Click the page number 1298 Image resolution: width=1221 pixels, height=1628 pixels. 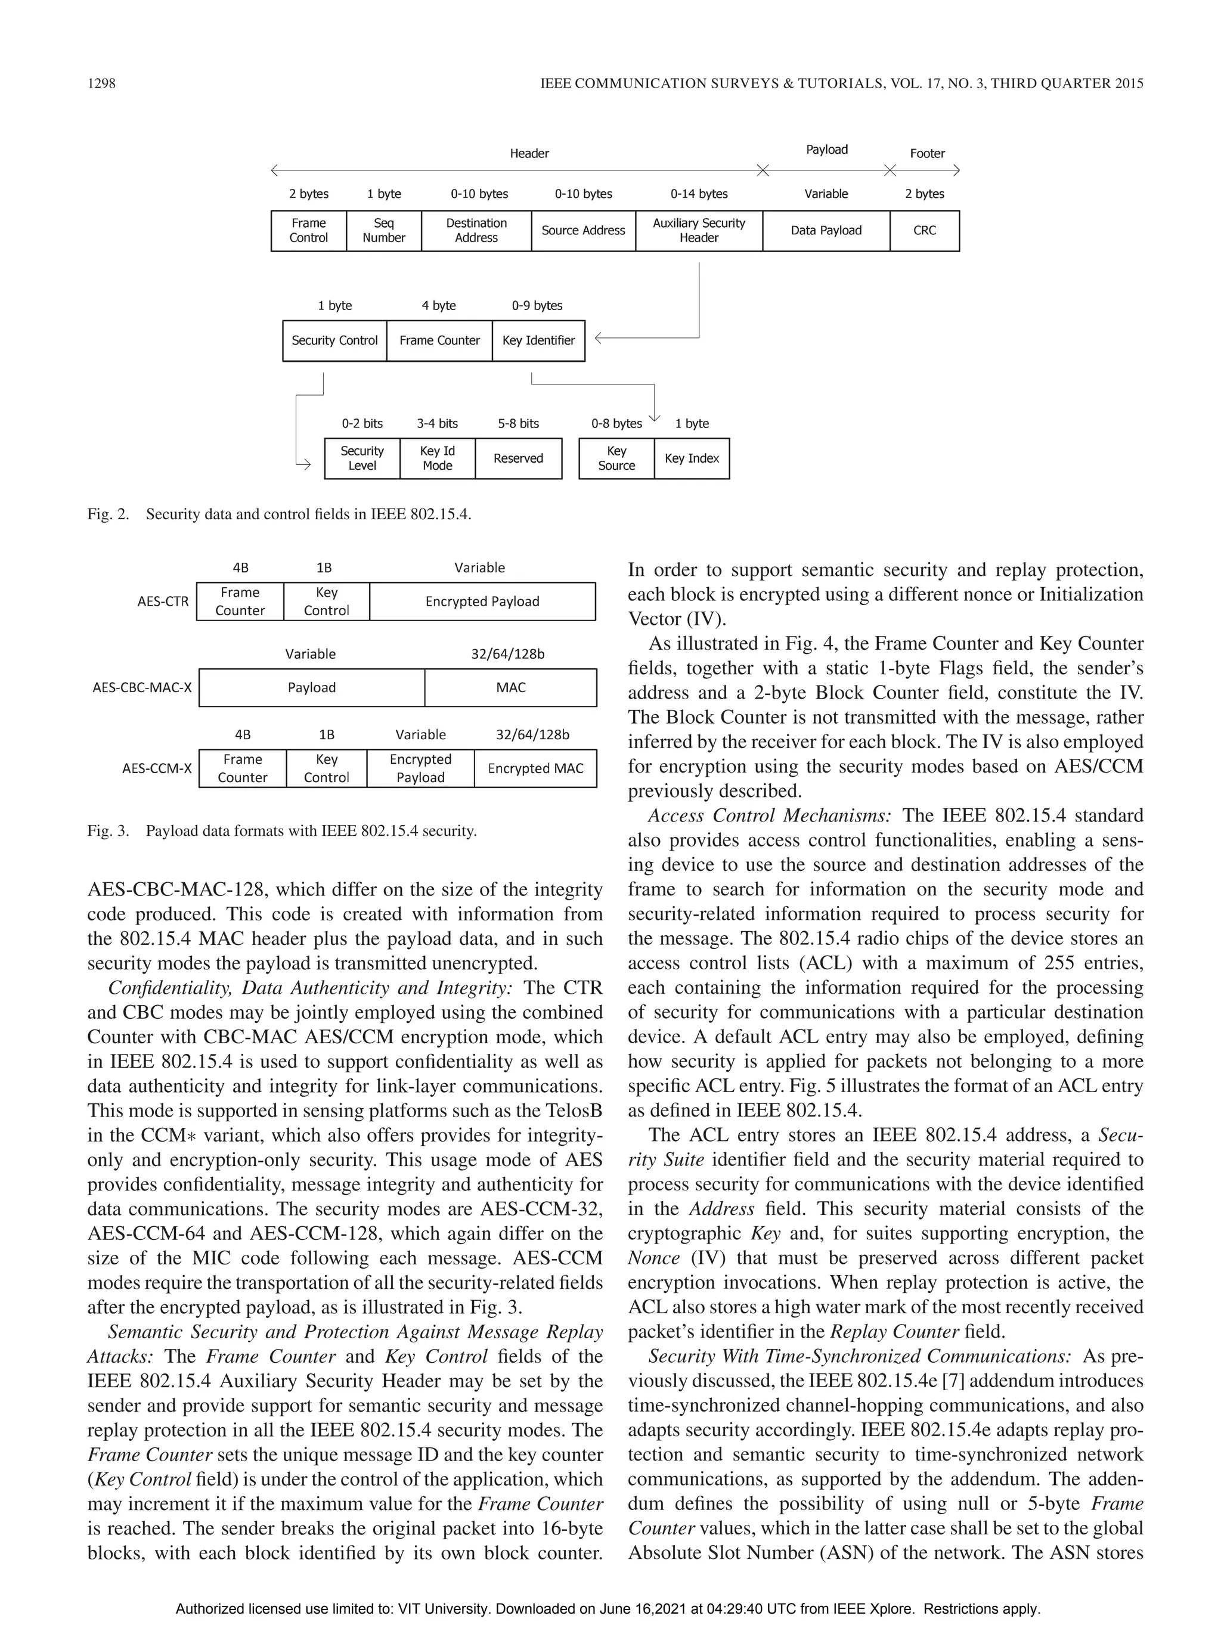(101, 83)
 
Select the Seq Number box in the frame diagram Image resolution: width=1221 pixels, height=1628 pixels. (383, 230)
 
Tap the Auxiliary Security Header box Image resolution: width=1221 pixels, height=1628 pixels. (699, 230)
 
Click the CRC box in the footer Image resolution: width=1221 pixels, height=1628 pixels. (925, 230)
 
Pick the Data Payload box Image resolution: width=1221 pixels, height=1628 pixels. (826, 230)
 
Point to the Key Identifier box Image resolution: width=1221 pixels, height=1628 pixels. (538, 340)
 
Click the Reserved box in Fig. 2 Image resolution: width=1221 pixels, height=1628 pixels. (518, 458)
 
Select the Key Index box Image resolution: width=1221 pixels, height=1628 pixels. (692, 458)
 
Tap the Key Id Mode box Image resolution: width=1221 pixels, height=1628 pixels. (437, 458)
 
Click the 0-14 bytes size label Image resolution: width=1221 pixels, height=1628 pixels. (699, 194)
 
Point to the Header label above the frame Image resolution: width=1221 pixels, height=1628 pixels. (529, 153)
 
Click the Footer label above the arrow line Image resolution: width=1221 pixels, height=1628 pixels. (926, 153)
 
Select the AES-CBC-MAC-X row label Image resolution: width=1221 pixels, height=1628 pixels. (142, 687)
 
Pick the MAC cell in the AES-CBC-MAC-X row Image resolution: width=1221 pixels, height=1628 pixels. (511, 687)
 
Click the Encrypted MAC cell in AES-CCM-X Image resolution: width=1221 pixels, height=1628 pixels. (535, 768)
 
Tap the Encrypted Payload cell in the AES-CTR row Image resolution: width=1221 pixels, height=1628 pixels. (482, 601)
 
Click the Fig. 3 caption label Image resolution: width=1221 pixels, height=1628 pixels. (108, 831)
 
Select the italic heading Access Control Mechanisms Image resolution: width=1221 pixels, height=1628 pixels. (769, 815)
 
